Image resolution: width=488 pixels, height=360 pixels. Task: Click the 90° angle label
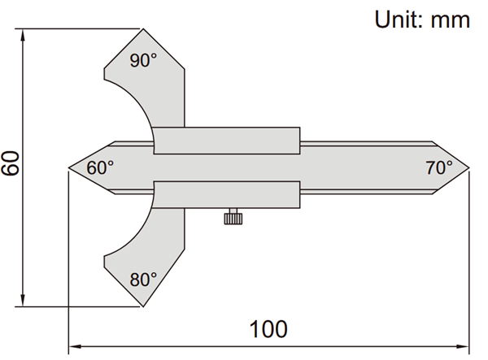[x=143, y=60]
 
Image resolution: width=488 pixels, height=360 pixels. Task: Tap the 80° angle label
[x=143, y=280]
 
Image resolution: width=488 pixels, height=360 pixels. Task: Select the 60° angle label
[x=100, y=168]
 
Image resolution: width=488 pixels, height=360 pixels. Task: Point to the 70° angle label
[x=439, y=168]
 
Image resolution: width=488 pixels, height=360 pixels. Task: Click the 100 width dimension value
[x=268, y=329]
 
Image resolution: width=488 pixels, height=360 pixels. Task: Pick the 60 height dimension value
[x=11, y=163]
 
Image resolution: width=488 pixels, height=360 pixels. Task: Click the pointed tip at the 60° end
[x=69, y=168]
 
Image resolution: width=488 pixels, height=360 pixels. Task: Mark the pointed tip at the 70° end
[x=468, y=168]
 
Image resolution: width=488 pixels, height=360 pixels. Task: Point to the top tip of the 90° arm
[x=143, y=29]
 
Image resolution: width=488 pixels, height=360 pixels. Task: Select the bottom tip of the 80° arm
[x=143, y=306]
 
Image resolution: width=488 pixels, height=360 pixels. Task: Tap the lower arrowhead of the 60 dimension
[x=23, y=300]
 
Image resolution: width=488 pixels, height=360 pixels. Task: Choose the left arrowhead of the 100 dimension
[x=76, y=346]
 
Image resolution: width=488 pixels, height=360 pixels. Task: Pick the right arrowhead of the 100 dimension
[x=462, y=346]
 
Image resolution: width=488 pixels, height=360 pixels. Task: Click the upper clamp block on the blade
[x=227, y=141]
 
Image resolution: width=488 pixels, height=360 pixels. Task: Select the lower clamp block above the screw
[x=227, y=194]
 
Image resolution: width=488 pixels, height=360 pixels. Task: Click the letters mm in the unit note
[x=451, y=21]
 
